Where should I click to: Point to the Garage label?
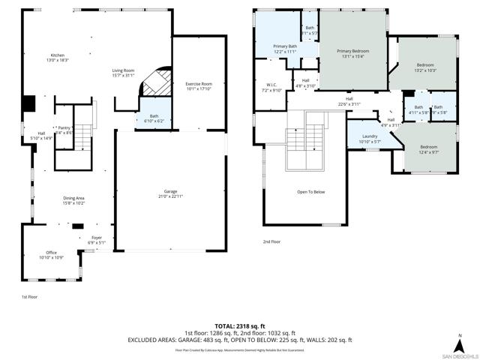coord(171,193)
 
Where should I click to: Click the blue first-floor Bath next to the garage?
coord(154,118)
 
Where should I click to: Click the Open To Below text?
coord(310,192)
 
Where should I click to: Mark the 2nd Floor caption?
coord(271,241)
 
